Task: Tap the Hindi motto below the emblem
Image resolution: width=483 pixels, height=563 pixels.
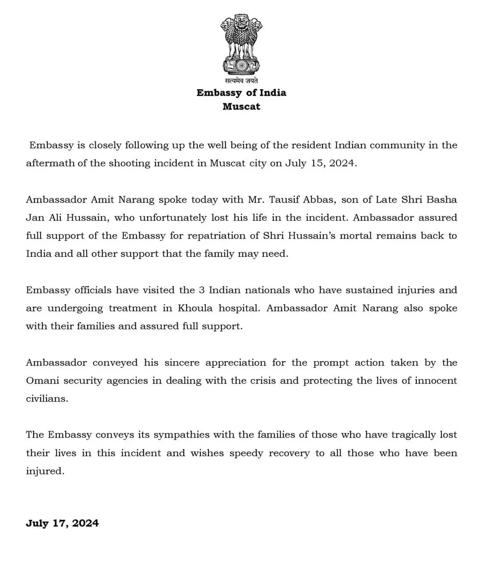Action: click(241, 80)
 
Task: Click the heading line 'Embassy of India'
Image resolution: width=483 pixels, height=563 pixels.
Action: click(241, 92)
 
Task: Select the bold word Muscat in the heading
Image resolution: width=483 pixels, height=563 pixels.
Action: click(241, 106)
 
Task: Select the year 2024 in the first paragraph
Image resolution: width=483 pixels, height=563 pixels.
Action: click(342, 163)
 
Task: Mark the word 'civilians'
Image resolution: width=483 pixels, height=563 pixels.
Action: click(47, 399)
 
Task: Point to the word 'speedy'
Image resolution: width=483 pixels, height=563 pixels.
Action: click(246, 453)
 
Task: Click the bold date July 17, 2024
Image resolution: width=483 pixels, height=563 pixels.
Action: click(62, 523)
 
